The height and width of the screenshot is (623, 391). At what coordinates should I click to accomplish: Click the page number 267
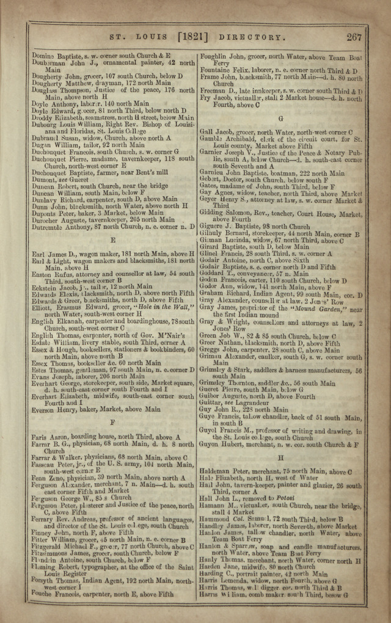tap(354, 37)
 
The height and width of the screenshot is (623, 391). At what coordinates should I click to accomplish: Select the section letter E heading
tap(112, 241)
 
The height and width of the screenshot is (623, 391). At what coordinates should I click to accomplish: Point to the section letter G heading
tap(280, 118)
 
